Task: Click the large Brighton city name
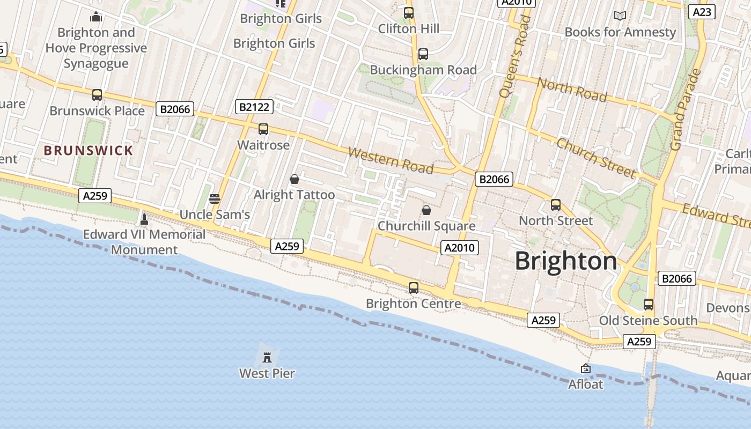tap(566, 261)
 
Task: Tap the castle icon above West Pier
tap(267, 357)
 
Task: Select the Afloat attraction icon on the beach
tap(586, 368)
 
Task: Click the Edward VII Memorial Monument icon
tap(144, 219)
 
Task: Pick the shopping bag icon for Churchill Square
tap(426, 210)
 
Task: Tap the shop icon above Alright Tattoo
tap(294, 179)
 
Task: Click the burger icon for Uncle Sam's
tap(215, 199)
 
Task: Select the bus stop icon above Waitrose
tap(263, 129)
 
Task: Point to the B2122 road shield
tap(254, 107)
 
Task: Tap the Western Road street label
tap(391, 160)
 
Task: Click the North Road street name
tap(572, 90)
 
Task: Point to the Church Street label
tap(596, 157)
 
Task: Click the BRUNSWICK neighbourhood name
tap(89, 151)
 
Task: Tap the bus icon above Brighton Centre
tap(413, 288)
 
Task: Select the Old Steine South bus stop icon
tap(649, 305)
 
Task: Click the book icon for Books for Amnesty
tap(620, 16)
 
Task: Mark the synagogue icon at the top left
tap(96, 17)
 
